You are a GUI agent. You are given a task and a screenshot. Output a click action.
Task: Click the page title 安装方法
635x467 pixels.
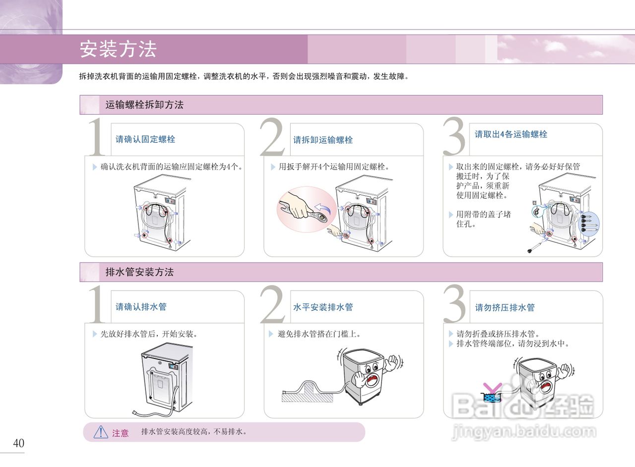pos(118,49)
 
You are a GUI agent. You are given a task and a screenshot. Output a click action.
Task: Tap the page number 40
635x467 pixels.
pos(19,443)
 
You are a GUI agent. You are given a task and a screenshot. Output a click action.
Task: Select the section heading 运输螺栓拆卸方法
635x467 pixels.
pos(144,105)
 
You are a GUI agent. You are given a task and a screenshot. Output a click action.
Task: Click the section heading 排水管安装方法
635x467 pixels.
pos(139,272)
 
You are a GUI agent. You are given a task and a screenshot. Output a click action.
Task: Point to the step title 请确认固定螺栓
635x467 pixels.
pos(145,139)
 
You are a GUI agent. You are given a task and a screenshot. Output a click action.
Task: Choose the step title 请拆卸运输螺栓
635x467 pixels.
pos(323,140)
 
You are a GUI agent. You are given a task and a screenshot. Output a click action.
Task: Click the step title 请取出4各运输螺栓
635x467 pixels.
pos(511,134)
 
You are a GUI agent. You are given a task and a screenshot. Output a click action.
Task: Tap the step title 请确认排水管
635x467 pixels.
pos(141,306)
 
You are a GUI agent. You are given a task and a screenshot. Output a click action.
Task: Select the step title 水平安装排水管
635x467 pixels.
pos(323,307)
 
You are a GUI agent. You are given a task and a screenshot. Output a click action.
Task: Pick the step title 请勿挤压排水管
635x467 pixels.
pos(505,307)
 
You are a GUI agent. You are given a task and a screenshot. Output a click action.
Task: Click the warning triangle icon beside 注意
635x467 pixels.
pos(101,432)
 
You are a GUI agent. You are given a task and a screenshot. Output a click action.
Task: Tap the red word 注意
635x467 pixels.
pos(121,433)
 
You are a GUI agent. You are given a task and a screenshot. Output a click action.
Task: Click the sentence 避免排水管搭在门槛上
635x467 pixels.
pos(319,334)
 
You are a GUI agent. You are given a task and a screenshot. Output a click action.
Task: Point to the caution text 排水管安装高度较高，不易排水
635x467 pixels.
pos(194,432)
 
